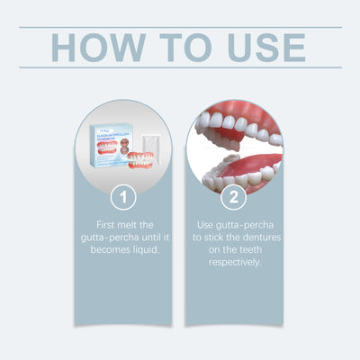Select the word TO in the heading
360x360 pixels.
coord(171,48)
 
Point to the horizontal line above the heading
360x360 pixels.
coord(180,27)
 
